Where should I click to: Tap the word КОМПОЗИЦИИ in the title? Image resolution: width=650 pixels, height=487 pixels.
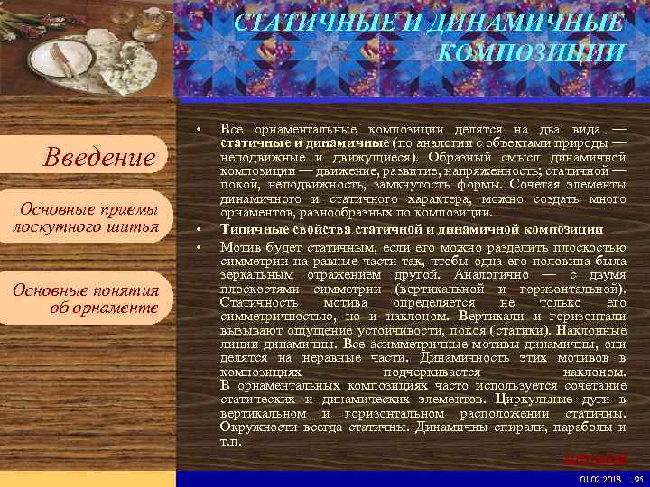pyautogui.click(x=531, y=51)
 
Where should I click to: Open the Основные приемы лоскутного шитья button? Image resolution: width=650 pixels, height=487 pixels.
pyautogui.click(x=87, y=217)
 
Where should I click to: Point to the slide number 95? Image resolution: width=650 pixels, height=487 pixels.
pyautogui.click(x=638, y=478)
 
